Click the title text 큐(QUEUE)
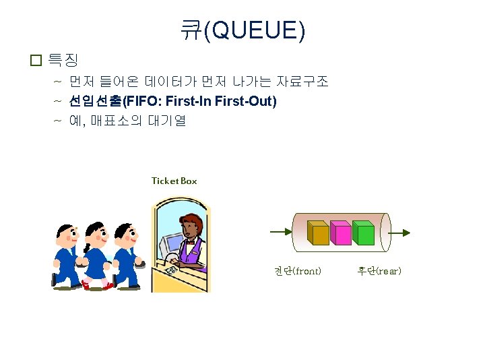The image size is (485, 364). (243, 30)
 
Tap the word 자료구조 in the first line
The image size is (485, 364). (302, 82)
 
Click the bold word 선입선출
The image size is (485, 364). (94, 102)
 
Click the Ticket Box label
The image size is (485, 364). (174, 181)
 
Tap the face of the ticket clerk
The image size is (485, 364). (190, 229)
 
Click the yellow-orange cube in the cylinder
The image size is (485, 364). (318, 233)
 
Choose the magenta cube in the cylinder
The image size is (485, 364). (341, 233)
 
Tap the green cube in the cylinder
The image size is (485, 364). (364, 233)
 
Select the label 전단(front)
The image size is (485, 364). (297, 271)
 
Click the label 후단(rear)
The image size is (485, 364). (379, 271)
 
